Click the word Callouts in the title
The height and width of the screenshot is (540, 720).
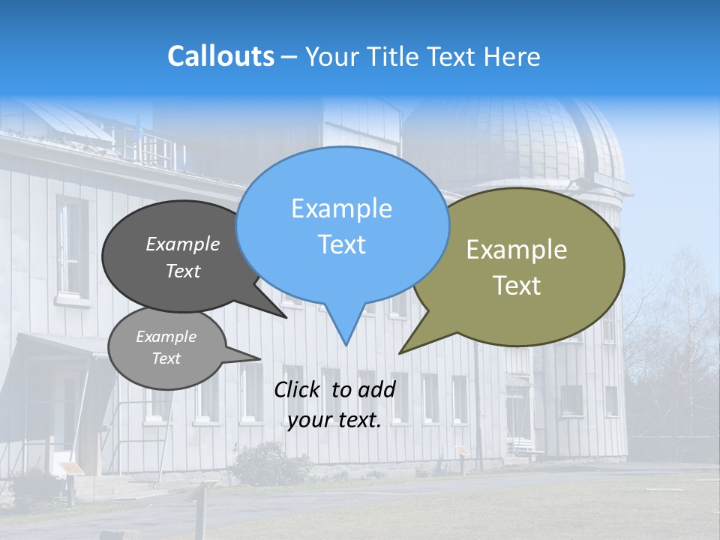pyautogui.click(x=220, y=56)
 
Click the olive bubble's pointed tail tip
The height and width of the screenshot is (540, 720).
pyautogui.click(x=400, y=353)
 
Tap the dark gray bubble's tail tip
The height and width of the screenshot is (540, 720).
pyautogui.click(x=286, y=318)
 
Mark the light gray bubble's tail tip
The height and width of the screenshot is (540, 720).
pyautogui.click(x=260, y=358)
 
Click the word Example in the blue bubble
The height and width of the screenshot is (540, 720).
pyautogui.click(x=341, y=208)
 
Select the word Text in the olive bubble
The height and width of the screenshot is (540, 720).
pyautogui.click(x=517, y=285)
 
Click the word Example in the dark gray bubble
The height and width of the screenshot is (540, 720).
pyautogui.click(x=183, y=244)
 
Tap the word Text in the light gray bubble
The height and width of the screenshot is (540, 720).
pyautogui.click(x=166, y=358)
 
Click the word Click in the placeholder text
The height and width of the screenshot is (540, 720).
pyautogui.click(x=298, y=389)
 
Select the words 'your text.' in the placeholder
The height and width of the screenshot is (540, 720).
pyautogui.click(x=334, y=421)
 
